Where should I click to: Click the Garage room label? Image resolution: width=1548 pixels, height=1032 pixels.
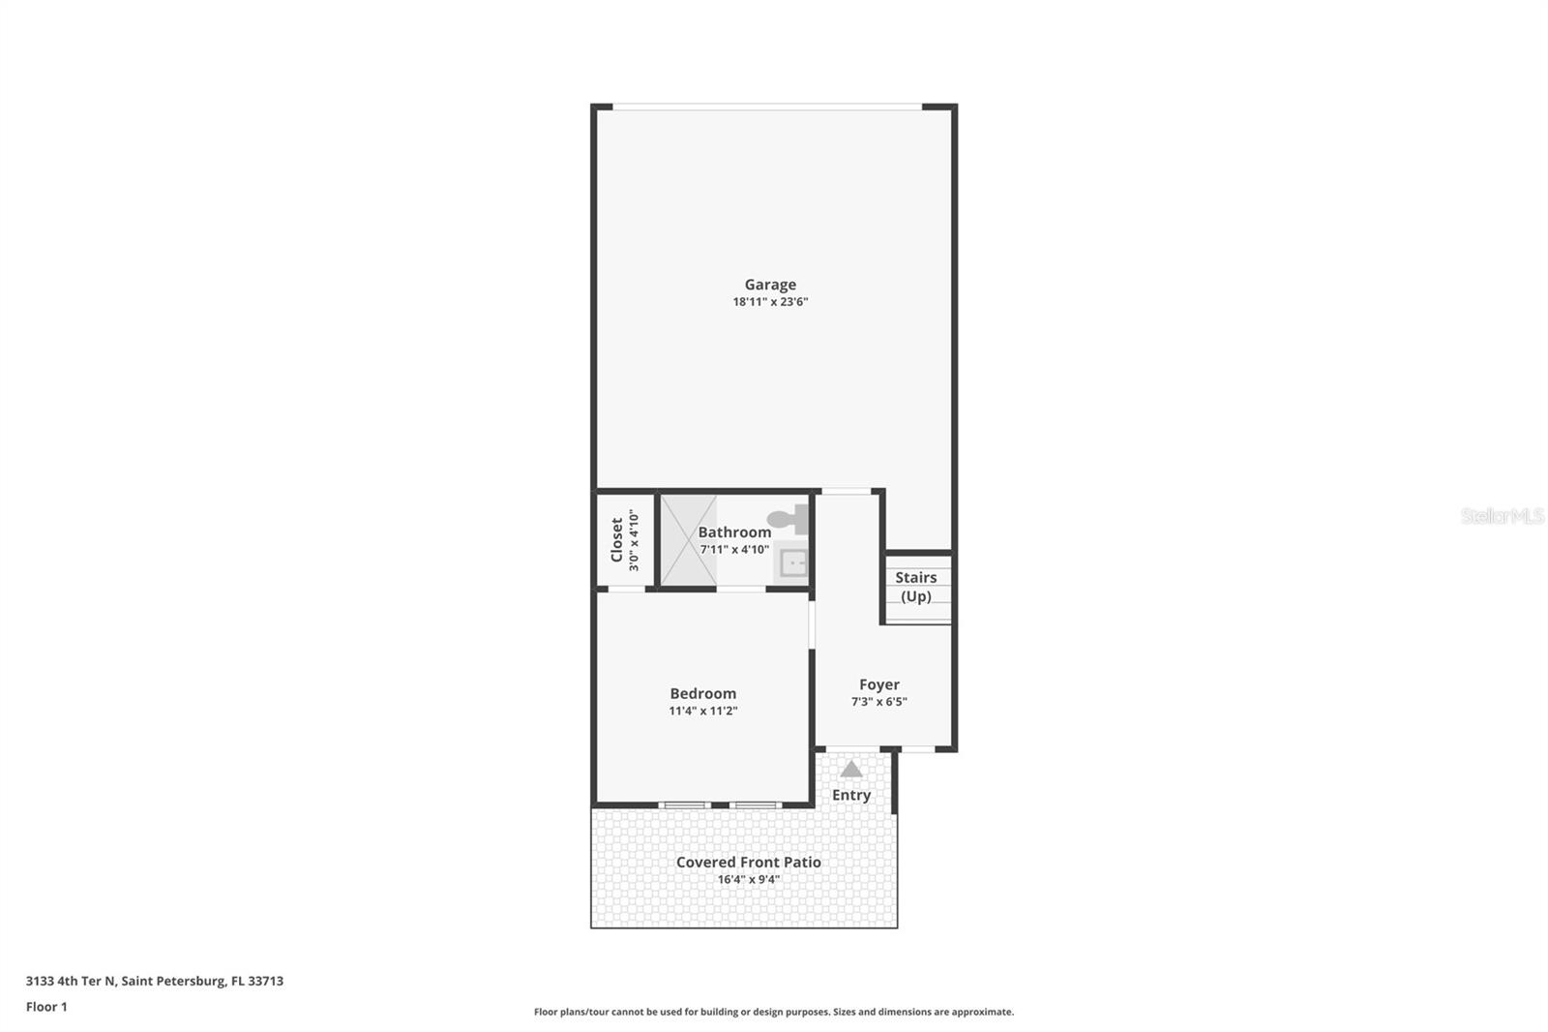pos(770,285)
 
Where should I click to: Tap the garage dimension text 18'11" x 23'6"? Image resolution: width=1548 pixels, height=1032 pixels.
pos(770,302)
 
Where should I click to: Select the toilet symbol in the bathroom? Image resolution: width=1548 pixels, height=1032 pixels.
pos(789,520)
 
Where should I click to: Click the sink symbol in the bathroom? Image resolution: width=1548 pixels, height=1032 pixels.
pos(793,562)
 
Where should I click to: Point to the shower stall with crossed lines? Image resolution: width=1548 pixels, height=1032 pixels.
pos(688,540)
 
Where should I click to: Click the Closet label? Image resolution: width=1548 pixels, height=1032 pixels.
pos(617,539)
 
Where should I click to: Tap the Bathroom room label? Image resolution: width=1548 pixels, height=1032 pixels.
pos(734,532)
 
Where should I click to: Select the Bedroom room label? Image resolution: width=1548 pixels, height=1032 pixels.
pos(702,693)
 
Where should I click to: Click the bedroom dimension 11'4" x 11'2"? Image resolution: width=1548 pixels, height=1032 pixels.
pos(702,711)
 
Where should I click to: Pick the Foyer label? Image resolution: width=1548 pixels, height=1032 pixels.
pos(878,684)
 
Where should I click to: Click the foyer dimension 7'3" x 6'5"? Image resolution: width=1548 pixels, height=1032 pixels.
pos(878,702)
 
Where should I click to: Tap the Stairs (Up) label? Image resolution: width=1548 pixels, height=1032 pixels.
pos(915,587)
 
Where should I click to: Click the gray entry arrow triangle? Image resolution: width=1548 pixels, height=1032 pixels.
pos(850,770)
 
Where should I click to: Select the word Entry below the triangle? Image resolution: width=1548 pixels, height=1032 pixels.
pos(850,795)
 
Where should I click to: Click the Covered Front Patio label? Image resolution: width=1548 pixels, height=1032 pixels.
pos(748,862)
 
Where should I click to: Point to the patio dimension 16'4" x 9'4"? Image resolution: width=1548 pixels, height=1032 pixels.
pos(748,880)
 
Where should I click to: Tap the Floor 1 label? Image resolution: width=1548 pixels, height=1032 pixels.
pos(46,1007)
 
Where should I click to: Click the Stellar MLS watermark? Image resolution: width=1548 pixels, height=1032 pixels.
pos(1502,516)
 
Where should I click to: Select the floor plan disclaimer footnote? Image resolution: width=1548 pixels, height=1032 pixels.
pos(774,1012)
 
